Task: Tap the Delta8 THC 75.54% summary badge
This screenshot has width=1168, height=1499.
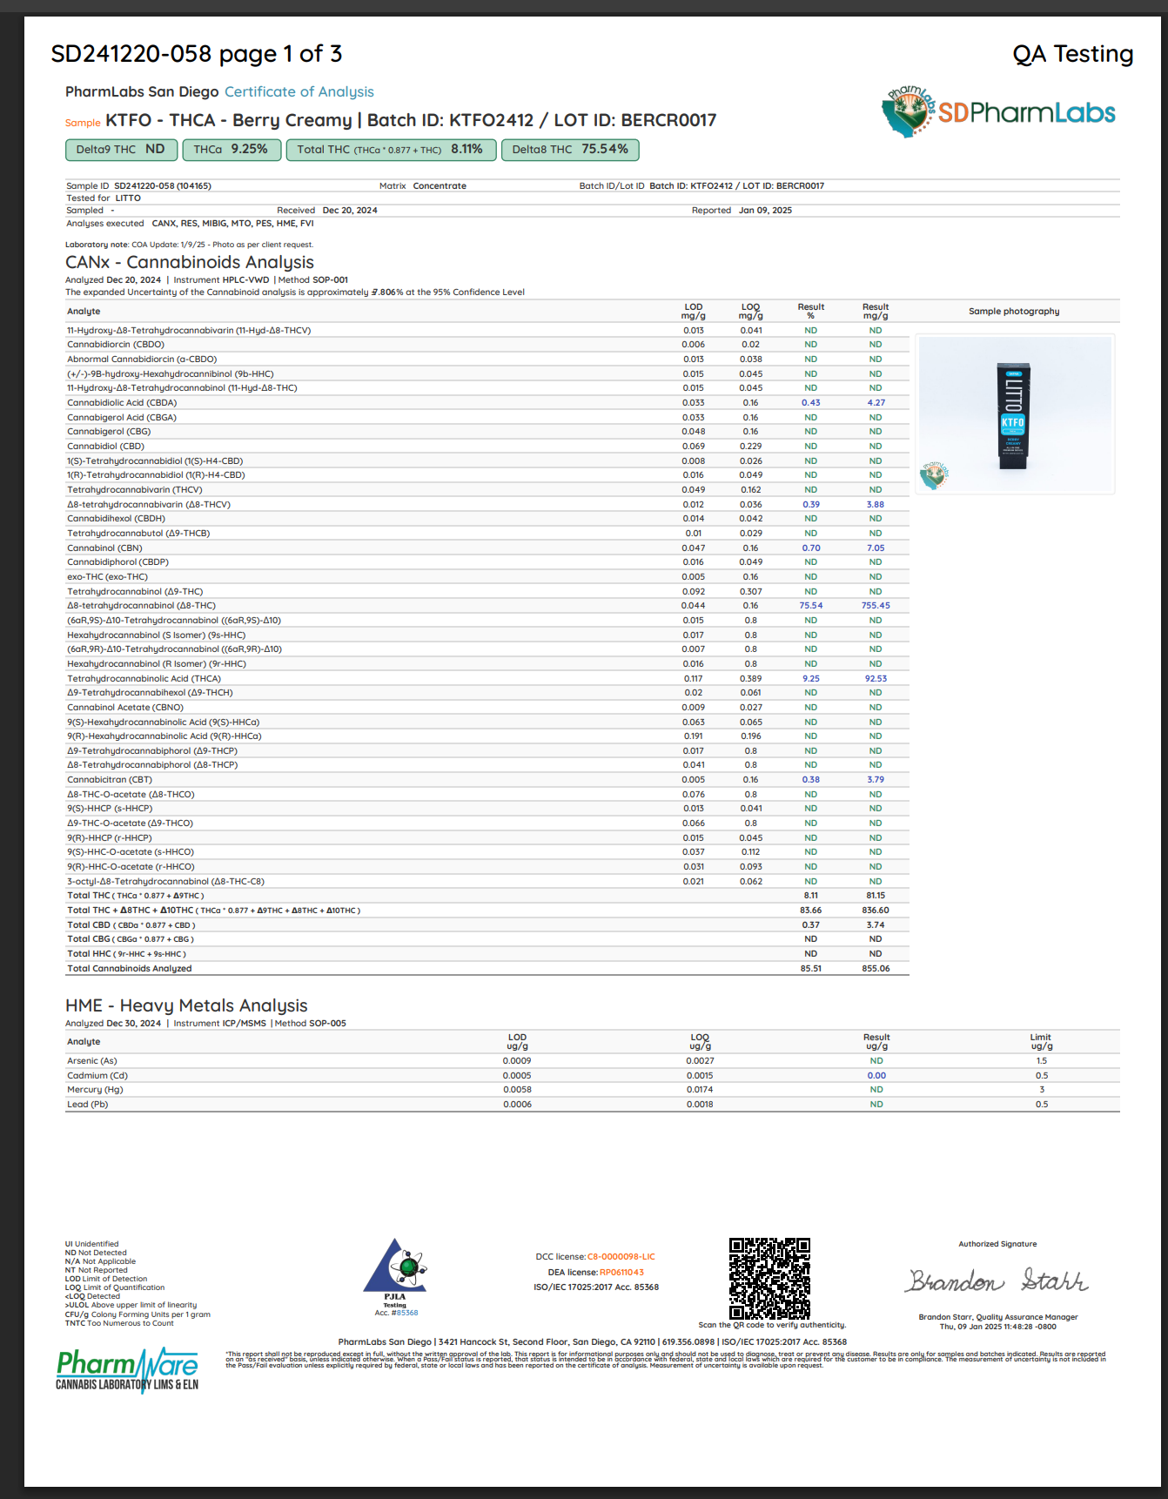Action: point(570,150)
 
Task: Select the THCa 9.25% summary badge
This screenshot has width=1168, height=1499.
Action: point(232,150)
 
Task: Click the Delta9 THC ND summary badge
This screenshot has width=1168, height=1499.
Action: point(121,150)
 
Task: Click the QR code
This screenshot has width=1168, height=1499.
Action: point(769,1278)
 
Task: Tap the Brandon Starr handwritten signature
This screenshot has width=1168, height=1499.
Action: point(997,1281)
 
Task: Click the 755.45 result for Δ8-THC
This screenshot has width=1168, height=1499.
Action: point(876,606)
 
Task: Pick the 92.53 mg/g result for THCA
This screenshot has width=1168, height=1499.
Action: point(876,679)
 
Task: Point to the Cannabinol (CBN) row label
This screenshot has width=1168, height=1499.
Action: point(104,548)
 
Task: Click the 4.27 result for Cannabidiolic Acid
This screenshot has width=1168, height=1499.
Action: point(876,403)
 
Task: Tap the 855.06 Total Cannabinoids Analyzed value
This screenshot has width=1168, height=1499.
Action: point(876,969)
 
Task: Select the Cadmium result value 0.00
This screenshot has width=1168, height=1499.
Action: point(876,1076)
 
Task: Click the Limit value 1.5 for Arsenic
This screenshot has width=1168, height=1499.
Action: point(1042,1061)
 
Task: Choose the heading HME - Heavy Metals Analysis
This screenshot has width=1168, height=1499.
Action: point(186,1005)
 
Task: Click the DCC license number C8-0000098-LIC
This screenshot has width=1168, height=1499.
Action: point(621,1257)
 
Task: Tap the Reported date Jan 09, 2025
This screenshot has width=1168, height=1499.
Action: point(765,211)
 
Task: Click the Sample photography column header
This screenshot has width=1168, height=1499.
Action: point(1014,312)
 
